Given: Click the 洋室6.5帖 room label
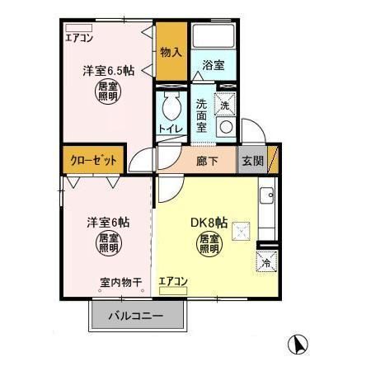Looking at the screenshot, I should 108,72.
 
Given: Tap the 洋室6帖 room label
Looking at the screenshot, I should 107,221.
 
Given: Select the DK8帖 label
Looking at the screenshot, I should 209,223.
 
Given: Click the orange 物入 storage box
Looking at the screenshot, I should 171,52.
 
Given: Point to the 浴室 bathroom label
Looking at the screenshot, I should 214,65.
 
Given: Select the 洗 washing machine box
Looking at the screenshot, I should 225,105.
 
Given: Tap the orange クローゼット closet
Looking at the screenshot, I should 93,160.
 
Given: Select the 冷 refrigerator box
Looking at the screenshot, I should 267,262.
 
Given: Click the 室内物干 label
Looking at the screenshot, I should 120,282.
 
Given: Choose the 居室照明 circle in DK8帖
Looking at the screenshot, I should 209,244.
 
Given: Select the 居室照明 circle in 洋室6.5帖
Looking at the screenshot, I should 108,92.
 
